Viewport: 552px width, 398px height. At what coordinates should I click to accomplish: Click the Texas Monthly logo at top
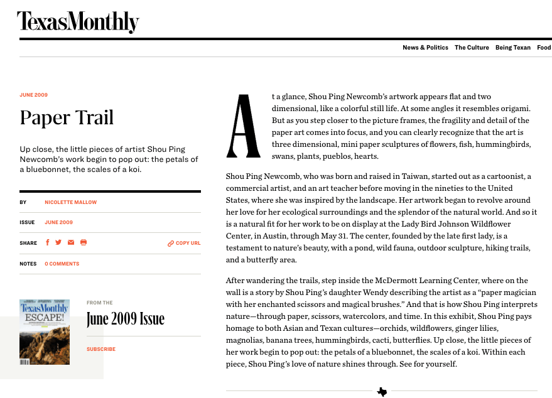tap(78, 22)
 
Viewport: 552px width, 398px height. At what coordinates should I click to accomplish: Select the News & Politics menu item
tap(425, 48)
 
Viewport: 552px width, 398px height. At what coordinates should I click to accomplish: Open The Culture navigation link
tap(472, 48)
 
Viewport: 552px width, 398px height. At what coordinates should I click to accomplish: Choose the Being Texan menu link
tap(512, 48)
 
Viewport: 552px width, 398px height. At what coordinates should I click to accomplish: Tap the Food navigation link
tap(543, 48)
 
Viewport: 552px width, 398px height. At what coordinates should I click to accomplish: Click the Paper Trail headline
tap(67, 117)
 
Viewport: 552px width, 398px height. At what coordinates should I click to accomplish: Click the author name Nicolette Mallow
tap(70, 203)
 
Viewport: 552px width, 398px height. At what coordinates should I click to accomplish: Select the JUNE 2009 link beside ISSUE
tap(58, 222)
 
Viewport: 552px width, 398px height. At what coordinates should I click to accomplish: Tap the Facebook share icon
tap(47, 243)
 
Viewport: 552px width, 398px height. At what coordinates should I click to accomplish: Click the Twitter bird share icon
tap(58, 243)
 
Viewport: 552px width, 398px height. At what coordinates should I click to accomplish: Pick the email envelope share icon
tap(71, 243)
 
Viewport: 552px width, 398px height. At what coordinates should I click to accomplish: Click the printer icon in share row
tap(84, 243)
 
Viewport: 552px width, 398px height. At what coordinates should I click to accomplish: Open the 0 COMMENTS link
tap(62, 264)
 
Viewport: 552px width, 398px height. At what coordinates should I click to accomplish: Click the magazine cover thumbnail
tap(45, 332)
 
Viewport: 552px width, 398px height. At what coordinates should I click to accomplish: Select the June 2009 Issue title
tap(126, 319)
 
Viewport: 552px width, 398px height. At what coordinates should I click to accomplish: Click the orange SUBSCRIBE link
tap(101, 349)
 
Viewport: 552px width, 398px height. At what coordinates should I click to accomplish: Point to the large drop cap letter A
tap(244, 126)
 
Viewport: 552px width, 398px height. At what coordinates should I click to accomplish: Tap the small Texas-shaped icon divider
tap(382, 392)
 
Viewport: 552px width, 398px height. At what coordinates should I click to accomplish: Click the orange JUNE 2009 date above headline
tap(33, 95)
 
